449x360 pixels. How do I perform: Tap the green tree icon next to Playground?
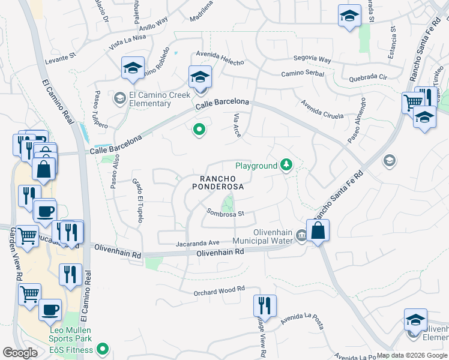(287, 165)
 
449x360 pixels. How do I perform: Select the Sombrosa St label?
(225, 213)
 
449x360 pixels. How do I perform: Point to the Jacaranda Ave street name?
(197, 244)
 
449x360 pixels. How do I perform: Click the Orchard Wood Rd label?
(220, 289)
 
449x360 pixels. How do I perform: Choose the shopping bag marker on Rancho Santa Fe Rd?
(318, 230)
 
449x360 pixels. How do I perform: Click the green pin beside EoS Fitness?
(103, 347)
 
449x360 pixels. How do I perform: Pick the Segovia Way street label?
(312, 60)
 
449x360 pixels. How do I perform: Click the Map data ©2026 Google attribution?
(412, 355)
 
